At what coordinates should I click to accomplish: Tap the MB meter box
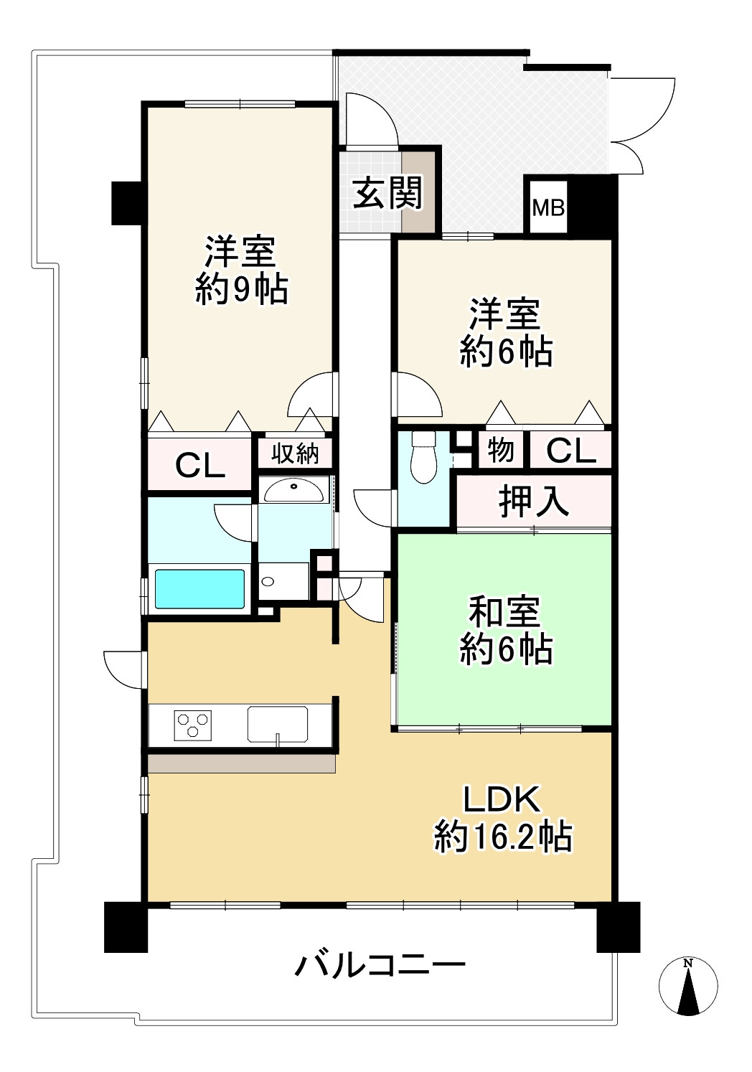click(548, 208)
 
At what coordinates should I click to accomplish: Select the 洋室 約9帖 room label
click(240, 271)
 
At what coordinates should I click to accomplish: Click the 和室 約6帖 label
click(505, 631)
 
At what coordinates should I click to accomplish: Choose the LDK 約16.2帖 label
click(502, 818)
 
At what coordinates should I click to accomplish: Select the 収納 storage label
click(295, 453)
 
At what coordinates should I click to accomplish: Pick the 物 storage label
click(501, 450)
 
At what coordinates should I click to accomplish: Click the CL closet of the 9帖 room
click(200, 466)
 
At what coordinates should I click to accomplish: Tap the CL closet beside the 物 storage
click(570, 451)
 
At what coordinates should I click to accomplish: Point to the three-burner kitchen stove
click(193, 724)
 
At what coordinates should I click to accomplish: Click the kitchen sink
click(277, 724)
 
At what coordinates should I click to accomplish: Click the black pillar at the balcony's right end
click(618, 926)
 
